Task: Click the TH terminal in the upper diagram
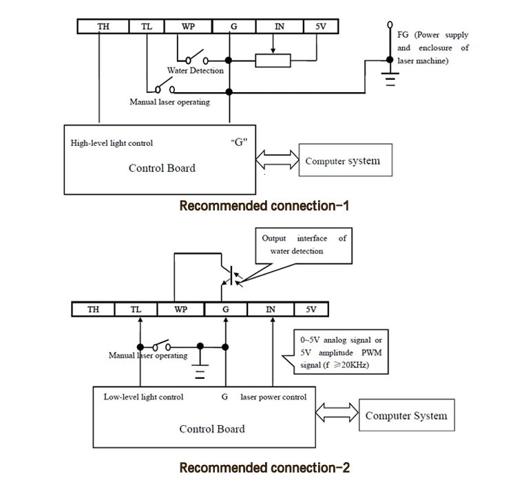tap(103, 26)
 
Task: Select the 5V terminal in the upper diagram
tap(321, 26)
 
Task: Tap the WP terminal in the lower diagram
tap(180, 309)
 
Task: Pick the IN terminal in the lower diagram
tap(271, 309)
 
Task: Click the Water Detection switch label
tap(196, 71)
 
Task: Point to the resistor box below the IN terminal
tap(273, 61)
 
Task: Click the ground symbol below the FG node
tap(390, 79)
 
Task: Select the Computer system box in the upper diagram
tap(346, 160)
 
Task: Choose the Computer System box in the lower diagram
tap(407, 415)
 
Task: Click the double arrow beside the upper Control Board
tap(277, 160)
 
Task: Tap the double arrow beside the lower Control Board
tap(337, 413)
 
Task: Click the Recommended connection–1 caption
tap(264, 206)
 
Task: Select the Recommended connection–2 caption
tap(264, 468)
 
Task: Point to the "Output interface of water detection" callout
tap(304, 246)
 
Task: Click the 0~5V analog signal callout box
tap(341, 352)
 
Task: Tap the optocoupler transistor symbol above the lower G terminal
tap(231, 275)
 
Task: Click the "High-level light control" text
tap(112, 143)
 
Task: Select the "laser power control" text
tap(273, 397)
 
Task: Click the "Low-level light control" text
tap(143, 397)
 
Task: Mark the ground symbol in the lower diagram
tap(200, 371)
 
